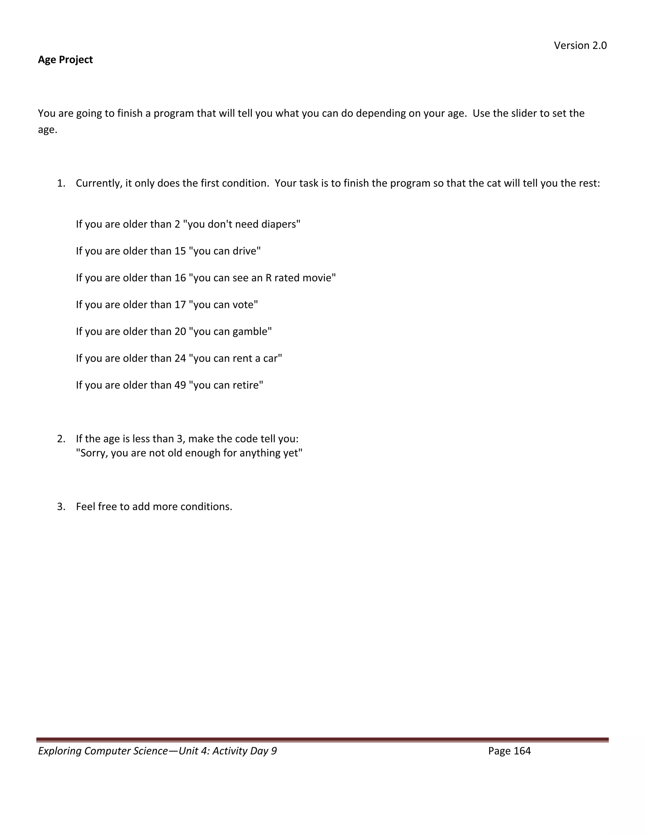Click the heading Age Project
tap(65, 60)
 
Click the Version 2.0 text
tap(580, 45)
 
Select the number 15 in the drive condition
tap(180, 251)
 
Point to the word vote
tap(244, 305)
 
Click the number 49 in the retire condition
tap(180, 385)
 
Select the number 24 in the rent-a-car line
tap(180, 358)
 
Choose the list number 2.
tap(61, 439)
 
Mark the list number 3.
tap(61, 507)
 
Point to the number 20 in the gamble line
tap(180, 331)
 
